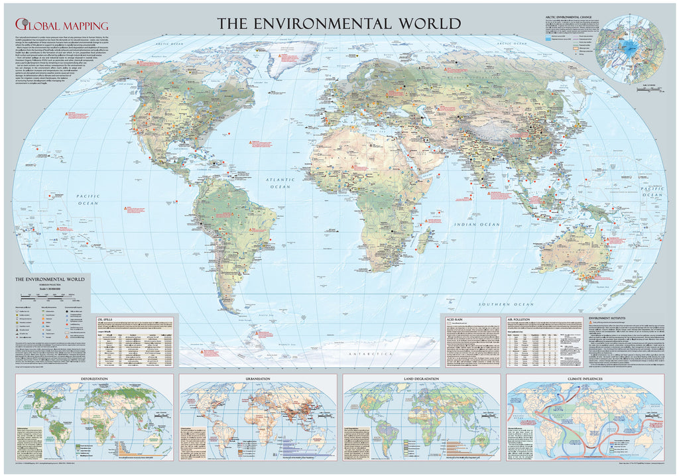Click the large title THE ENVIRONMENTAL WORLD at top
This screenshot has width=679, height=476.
[x=339, y=23]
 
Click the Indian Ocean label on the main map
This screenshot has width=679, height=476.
[x=477, y=225]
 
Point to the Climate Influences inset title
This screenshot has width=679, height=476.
[x=584, y=379]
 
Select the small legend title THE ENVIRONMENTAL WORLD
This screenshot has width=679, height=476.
[x=50, y=280]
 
